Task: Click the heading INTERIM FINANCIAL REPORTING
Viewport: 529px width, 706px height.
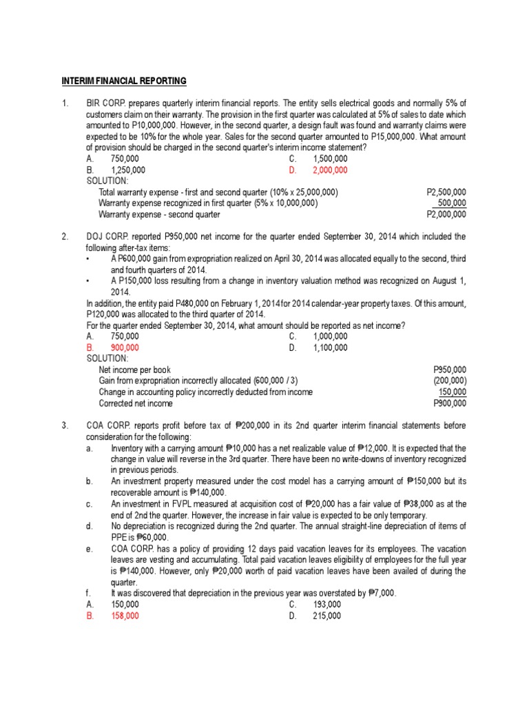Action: click(125, 81)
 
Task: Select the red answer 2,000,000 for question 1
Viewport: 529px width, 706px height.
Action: click(330, 170)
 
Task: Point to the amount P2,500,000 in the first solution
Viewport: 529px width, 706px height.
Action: click(446, 192)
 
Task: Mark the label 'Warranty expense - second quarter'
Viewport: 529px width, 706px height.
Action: click(159, 214)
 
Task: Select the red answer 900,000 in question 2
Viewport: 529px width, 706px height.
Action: click(125, 347)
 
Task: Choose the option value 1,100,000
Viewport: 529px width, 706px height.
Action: click(330, 347)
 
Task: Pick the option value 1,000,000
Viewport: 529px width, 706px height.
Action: click(330, 336)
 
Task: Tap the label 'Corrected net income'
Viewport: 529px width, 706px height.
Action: click(136, 403)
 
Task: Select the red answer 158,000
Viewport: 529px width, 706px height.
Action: click(125, 616)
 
